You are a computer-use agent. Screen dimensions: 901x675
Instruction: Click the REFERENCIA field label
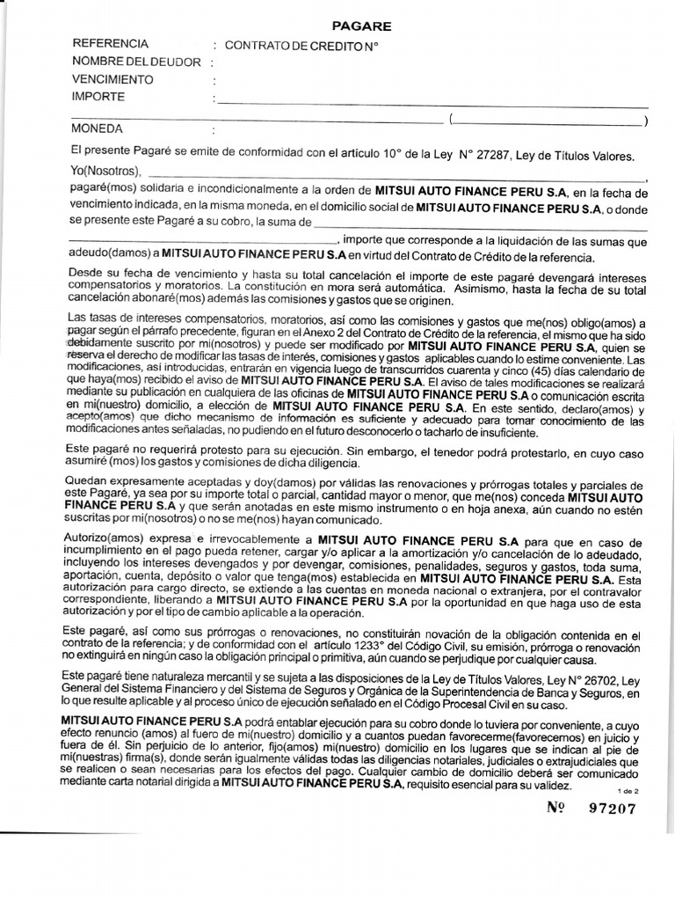(110, 44)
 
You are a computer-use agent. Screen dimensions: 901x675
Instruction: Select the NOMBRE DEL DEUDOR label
(135, 62)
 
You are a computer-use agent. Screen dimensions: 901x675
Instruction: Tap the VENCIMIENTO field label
(112, 79)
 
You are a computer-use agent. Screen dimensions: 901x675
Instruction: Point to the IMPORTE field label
(98, 97)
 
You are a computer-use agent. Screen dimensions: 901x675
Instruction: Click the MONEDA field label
(98, 129)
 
